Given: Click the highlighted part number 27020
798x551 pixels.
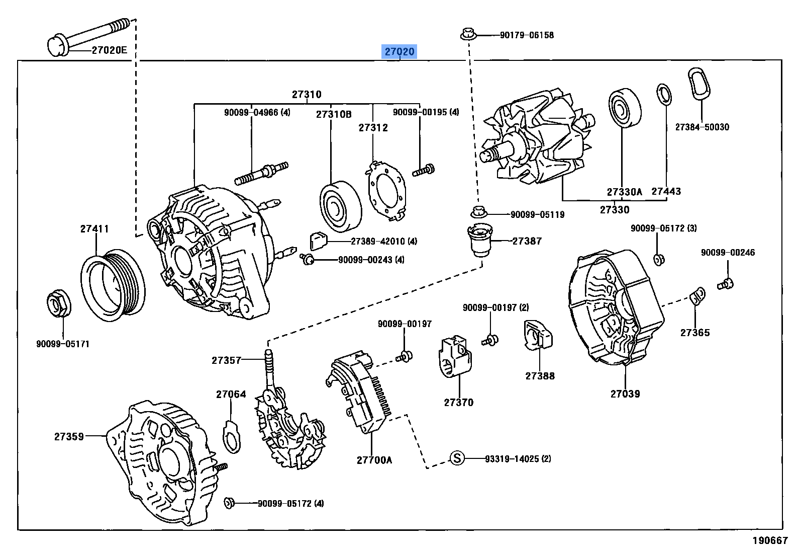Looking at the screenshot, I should click(400, 52).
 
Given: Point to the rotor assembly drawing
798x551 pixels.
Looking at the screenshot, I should click(538, 138).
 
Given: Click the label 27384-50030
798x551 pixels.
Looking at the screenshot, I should click(702, 127).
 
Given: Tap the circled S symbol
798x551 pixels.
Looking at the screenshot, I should click(456, 458).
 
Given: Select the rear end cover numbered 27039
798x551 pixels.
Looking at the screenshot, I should click(616, 307).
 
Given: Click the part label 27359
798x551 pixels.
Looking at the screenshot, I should click(69, 436).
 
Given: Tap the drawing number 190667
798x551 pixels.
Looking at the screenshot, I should click(769, 540).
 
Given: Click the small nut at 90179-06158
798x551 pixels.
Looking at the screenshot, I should click(467, 35).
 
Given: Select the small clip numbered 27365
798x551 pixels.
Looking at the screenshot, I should click(698, 295).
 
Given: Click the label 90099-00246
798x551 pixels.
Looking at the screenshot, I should click(728, 253).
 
